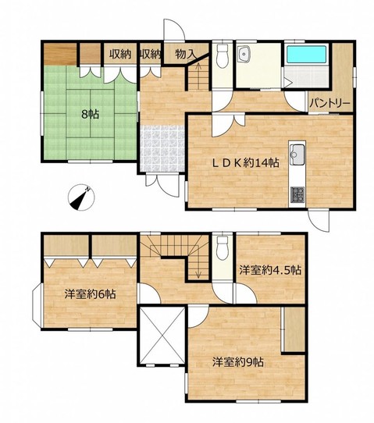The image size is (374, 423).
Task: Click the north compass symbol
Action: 81,197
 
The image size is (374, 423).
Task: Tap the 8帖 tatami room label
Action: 91,115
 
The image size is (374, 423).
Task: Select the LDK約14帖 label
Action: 245,162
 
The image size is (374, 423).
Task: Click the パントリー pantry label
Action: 329,104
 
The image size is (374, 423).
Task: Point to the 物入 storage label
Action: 185,54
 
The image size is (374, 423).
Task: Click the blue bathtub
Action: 306,54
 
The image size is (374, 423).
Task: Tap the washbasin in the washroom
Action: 244,54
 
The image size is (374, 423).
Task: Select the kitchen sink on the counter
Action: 297,155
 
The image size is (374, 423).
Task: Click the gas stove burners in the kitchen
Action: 297,194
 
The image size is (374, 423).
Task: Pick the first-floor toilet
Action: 223,56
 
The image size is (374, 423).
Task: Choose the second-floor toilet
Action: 223,248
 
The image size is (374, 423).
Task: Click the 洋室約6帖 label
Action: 90,293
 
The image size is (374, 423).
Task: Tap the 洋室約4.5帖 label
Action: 270,270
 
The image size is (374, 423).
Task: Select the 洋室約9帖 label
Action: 237,362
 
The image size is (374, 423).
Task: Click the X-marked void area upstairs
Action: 162,336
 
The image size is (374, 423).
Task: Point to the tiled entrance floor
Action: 162,148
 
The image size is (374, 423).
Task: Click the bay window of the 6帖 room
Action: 37,305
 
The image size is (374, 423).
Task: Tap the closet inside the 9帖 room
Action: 293,329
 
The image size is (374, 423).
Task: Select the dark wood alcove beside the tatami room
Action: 60,54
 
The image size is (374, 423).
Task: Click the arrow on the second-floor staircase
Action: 198,266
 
